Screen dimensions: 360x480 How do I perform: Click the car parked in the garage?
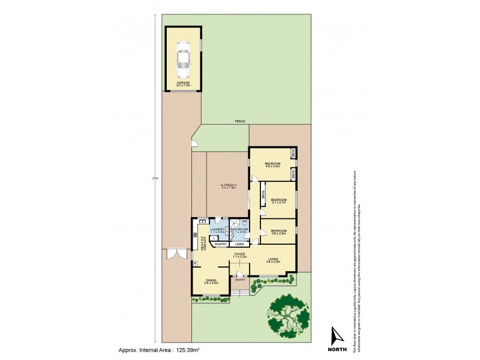(x=183, y=58)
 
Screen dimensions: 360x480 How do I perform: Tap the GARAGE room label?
(x=183, y=83)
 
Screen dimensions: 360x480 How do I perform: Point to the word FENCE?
(x=240, y=121)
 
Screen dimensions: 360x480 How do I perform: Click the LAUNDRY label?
(x=217, y=229)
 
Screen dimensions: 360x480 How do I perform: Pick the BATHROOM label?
(x=239, y=229)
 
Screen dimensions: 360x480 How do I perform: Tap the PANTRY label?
(x=220, y=244)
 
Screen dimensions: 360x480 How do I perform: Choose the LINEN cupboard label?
(x=239, y=244)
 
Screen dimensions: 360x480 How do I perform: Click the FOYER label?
(x=239, y=254)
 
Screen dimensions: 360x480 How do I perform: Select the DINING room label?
(x=211, y=280)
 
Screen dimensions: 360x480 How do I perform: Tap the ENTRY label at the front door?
(x=240, y=280)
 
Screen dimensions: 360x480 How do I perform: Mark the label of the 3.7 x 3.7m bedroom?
(x=277, y=200)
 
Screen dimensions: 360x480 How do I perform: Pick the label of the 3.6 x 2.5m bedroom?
(x=277, y=231)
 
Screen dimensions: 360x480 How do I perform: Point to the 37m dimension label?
(x=155, y=179)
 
